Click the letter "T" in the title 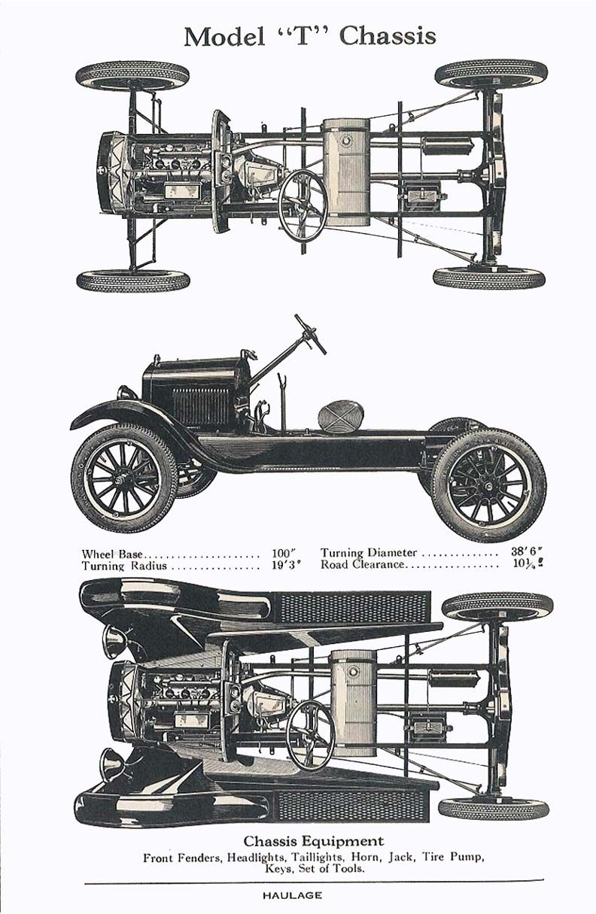tap(301, 36)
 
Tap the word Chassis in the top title tap(389, 36)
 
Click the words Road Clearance tap(363, 564)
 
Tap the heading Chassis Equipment tap(313, 841)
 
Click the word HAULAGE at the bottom tap(293, 895)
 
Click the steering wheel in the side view tap(310, 334)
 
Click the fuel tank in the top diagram tap(346, 172)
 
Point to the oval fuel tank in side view tap(341, 416)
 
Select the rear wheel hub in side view tap(489, 485)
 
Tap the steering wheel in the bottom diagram tap(310, 733)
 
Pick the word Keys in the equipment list tap(278, 868)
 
